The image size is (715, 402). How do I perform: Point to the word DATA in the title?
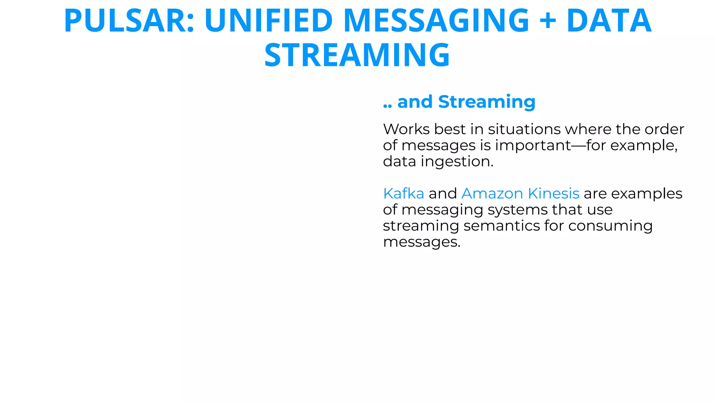[x=609, y=21]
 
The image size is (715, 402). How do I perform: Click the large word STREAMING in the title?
[x=357, y=55]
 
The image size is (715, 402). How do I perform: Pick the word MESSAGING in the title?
[x=436, y=21]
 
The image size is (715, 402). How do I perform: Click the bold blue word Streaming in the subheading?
[x=487, y=102]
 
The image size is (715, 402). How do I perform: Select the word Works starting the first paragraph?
[x=406, y=129]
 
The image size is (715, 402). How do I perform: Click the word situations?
[x=524, y=129]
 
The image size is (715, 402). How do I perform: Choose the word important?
[x=533, y=146]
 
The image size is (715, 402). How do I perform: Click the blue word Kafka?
[x=404, y=193]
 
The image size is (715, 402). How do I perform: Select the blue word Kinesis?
[x=554, y=193]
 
